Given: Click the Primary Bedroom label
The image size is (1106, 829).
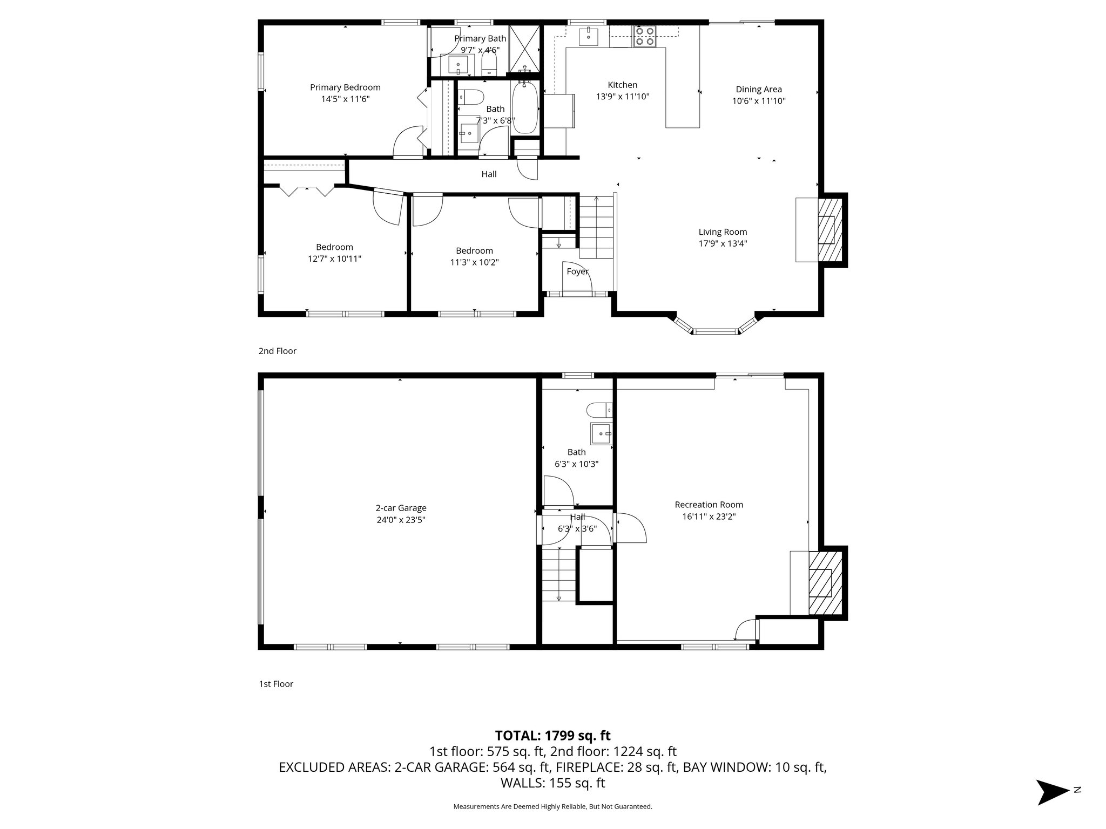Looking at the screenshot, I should pyautogui.click(x=345, y=87).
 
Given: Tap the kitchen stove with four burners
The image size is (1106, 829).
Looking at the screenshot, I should pyautogui.click(x=644, y=36).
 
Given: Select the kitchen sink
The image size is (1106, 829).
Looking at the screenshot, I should pyautogui.click(x=588, y=37).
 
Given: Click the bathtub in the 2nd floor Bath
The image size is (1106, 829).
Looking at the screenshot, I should pyautogui.click(x=524, y=107).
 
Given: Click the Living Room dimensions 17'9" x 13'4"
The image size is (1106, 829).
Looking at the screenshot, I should pyautogui.click(x=723, y=243).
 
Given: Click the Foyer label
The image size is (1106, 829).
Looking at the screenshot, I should pyautogui.click(x=577, y=271).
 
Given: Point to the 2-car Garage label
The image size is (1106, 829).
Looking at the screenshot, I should pyautogui.click(x=401, y=508).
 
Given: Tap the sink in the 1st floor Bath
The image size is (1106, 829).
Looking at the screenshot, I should pyautogui.click(x=601, y=433).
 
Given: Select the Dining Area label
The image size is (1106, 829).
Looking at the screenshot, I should pyautogui.click(x=758, y=90).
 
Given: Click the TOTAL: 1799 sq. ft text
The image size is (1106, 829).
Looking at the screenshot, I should pyautogui.click(x=552, y=735).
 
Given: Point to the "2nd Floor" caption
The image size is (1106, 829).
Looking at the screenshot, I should pyautogui.click(x=277, y=351).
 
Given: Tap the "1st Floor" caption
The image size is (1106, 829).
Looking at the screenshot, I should pyautogui.click(x=275, y=684).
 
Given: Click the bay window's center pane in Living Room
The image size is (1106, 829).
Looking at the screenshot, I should pyautogui.click(x=715, y=331).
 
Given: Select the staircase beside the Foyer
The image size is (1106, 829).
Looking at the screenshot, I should pyautogui.click(x=596, y=227).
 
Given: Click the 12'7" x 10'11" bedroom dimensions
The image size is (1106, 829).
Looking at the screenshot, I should pyautogui.click(x=334, y=259).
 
